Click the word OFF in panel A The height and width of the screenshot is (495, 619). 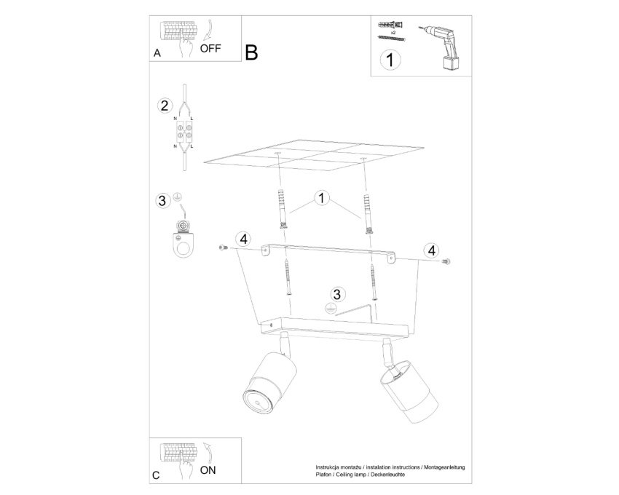(x=210, y=49)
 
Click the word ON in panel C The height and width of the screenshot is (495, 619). (x=208, y=470)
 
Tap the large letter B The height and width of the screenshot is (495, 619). (x=251, y=52)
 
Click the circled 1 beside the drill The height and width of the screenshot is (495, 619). (x=390, y=60)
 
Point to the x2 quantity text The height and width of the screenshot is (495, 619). (x=393, y=32)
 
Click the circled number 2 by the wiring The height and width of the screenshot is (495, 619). (x=165, y=106)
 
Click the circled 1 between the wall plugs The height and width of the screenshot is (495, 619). (x=322, y=198)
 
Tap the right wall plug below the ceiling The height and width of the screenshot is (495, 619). (x=368, y=213)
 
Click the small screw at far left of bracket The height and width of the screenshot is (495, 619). (x=224, y=247)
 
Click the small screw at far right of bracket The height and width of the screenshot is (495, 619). (x=446, y=261)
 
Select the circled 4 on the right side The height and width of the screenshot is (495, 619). (x=432, y=250)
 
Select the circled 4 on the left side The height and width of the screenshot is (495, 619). (x=243, y=239)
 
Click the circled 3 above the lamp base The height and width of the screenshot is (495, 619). (x=336, y=294)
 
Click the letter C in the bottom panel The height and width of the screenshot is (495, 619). (x=157, y=475)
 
